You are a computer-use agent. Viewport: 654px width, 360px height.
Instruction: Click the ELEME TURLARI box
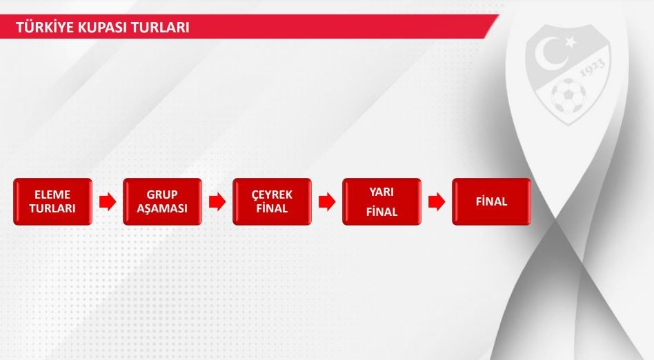click(x=52, y=202)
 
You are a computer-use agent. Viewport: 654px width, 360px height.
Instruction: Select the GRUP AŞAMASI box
click(x=162, y=202)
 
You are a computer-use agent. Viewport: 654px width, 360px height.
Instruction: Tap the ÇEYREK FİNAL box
click(x=272, y=202)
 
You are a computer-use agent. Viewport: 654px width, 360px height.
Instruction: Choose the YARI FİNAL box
click(x=381, y=202)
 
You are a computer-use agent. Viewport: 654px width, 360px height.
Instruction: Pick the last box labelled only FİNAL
click(x=491, y=202)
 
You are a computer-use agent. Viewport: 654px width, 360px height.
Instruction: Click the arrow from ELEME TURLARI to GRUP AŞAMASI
click(x=108, y=202)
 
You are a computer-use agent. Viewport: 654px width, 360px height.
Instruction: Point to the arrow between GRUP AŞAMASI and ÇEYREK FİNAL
click(x=217, y=202)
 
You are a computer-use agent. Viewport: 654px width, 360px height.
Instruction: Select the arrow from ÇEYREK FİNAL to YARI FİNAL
click(x=327, y=202)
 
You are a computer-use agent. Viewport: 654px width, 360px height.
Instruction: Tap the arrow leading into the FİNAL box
click(x=437, y=202)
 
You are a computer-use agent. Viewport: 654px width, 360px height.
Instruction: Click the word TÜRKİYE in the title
click(x=39, y=27)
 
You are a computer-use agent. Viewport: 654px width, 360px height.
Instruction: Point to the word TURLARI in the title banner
click(x=160, y=28)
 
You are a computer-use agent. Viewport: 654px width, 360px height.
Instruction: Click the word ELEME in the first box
click(x=52, y=194)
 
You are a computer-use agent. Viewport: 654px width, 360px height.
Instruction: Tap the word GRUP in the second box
click(x=162, y=194)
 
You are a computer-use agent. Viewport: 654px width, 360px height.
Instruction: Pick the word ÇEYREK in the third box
click(x=272, y=194)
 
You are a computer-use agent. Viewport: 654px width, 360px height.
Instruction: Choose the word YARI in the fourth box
click(x=381, y=192)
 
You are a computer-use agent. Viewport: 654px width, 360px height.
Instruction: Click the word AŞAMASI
click(x=162, y=208)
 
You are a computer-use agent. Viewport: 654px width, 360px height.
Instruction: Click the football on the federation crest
click(x=568, y=96)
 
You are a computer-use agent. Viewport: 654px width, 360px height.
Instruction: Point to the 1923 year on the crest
click(x=593, y=68)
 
